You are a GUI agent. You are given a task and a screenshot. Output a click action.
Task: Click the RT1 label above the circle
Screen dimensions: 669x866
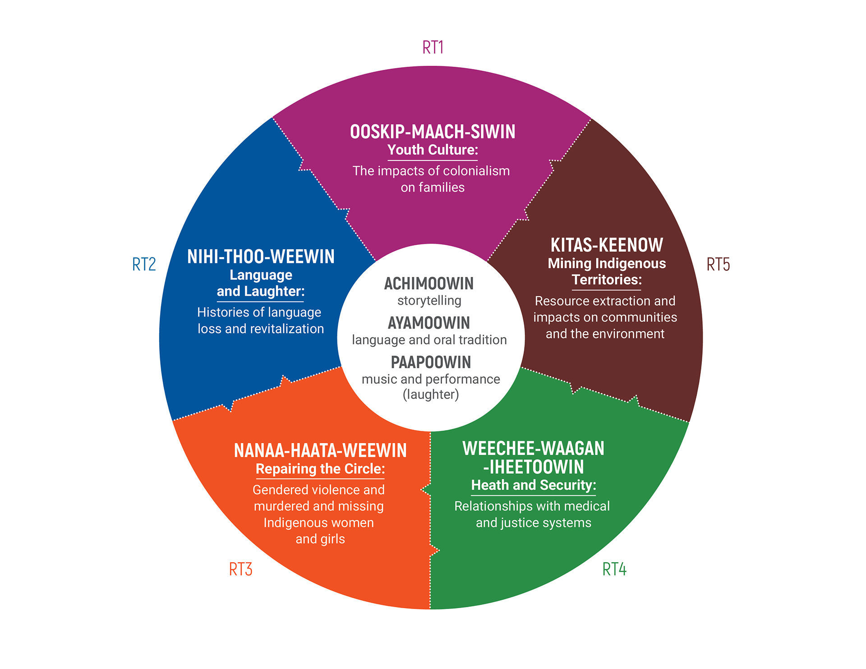tap(433, 47)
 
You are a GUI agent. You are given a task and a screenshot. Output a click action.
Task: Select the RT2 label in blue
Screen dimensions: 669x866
tap(144, 264)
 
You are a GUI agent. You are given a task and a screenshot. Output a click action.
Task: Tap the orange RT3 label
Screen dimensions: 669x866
tap(240, 569)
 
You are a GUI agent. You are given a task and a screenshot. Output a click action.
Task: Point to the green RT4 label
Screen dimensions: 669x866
tap(614, 569)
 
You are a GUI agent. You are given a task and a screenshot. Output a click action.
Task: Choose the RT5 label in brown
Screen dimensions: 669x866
tap(718, 265)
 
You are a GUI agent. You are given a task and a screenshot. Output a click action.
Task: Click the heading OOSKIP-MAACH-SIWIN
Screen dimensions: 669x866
tap(433, 132)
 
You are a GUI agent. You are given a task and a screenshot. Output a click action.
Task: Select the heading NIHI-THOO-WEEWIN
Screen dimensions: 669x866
tap(261, 257)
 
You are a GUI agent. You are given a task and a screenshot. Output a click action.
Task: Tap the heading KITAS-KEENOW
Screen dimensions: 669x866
tap(607, 245)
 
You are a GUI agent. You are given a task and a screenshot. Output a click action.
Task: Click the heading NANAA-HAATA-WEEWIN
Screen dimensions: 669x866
tap(320, 450)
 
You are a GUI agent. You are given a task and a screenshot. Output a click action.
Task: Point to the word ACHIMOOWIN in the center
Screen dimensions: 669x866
tap(429, 284)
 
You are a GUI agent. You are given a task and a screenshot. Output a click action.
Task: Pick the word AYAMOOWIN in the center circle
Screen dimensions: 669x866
tap(429, 323)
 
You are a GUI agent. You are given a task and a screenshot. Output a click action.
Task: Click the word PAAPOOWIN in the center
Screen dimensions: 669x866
tap(431, 362)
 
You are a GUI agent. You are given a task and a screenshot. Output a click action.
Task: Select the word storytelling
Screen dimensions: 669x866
tap(429, 300)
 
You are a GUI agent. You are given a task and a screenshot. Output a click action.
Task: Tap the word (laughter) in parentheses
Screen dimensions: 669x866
tap(431, 394)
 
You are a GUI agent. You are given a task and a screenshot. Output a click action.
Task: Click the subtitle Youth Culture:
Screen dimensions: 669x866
tap(433, 150)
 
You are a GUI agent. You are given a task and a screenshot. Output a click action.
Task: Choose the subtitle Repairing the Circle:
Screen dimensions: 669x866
tap(320, 469)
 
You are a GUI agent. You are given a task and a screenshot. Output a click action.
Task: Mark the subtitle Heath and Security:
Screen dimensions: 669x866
tap(534, 485)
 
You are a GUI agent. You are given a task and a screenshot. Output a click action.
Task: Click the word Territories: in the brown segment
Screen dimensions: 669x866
tap(607, 280)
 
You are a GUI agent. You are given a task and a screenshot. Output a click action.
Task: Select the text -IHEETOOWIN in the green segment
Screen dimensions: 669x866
tap(534, 467)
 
